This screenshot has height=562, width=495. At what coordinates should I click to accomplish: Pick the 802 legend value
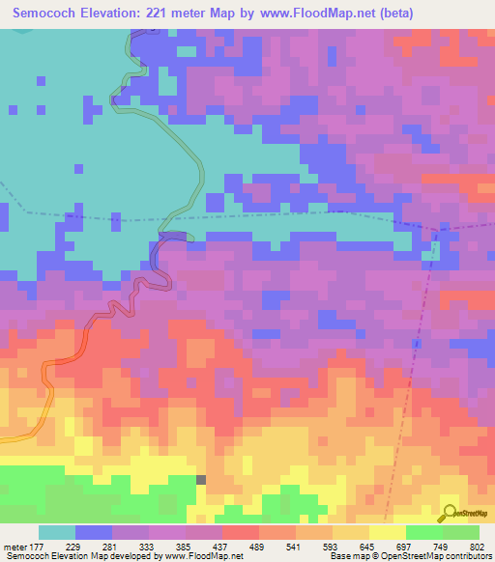pyautogui.click(x=477, y=547)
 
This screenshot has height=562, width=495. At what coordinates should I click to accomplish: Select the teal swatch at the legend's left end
pyautogui.click(x=57, y=532)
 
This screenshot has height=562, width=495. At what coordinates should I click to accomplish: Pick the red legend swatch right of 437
pyautogui.click(x=241, y=532)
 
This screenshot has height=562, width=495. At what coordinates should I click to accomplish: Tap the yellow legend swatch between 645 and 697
pyautogui.click(x=388, y=532)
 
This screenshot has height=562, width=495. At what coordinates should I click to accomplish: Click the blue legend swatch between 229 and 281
pyautogui.click(x=94, y=532)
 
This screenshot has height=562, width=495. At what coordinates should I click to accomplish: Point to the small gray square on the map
pyautogui.click(x=201, y=479)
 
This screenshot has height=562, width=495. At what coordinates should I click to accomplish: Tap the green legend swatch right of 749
pyautogui.click(x=461, y=532)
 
